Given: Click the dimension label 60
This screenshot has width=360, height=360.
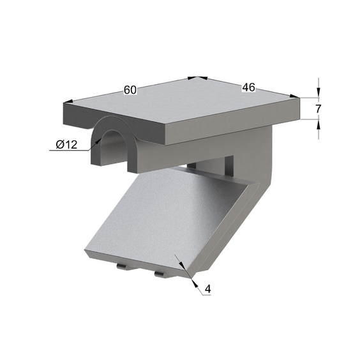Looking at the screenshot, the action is (130, 90).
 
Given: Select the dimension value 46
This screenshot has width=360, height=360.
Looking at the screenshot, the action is (249, 87).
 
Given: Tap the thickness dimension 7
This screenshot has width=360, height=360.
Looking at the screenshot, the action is (318, 109).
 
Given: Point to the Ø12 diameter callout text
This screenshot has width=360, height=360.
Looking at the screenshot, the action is (66, 145).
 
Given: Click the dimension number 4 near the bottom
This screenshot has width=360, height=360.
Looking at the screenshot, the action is (208, 289).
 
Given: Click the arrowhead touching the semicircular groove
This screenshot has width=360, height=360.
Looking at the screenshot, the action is (98, 141).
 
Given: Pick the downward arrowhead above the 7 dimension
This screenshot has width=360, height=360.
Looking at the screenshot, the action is (319, 93).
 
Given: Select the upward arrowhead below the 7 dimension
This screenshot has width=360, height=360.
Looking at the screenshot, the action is (319, 124).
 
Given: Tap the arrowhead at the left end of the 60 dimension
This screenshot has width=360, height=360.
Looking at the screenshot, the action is (68, 101).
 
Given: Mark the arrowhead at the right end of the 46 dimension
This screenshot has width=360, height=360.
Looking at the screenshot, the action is (295, 96).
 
